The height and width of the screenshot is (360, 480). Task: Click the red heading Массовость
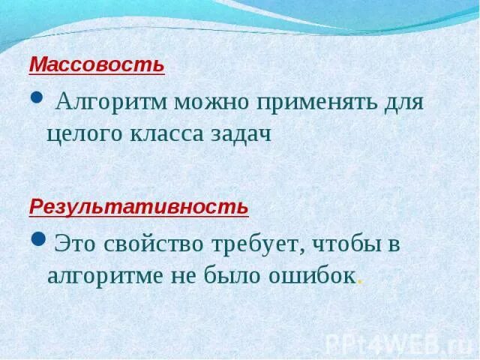(x=96, y=64)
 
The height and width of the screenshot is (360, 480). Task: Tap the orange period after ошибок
(x=361, y=282)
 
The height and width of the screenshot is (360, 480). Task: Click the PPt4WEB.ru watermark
(x=397, y=343)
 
